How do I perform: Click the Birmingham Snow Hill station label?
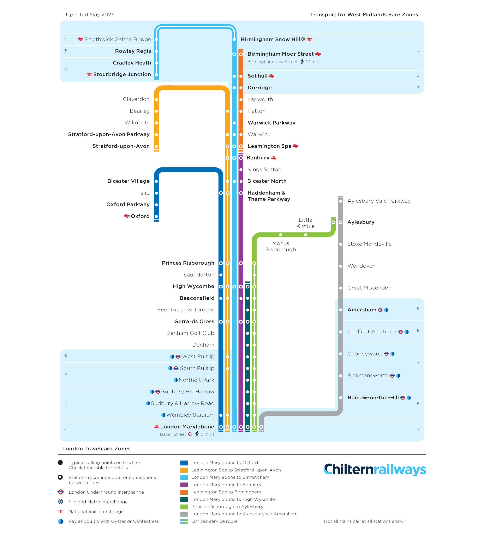pyautogui.click(x=270, y=39)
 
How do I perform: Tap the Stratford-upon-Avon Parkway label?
pyautogui.click(x=109, y=134)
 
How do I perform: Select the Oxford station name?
pyautogui.click(x=140, y=216)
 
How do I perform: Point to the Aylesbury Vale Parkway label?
pyautogui.click(x=379, y=201)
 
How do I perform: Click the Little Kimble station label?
pyautogui.click(x=305, y=223)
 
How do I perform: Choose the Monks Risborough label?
pyautogui.click(x=281, y=246)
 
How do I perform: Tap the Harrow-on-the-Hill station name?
pyautogui.click(x=373, y=397)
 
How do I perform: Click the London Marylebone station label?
pyautogui.click(x=187, y=426)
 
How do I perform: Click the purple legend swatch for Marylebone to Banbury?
pyautogui.click(x=184, y=485)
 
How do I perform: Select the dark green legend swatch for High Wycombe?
pyautogui.click(x=184, y=499)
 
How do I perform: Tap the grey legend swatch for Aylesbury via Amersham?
pyautogui.click(x=184, y=514)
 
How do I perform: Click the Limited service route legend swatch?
pyautogui.click(x=184, y=521)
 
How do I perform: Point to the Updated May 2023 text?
pyautogui.click(x=90, y=15)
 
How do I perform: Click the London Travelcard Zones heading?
pyautogui.click(x=96, y=448)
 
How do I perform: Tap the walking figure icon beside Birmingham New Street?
pyautogui.click(x=302, y=62)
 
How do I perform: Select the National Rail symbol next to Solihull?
pyautogui.click(x=271, y=76)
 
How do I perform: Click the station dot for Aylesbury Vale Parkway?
pyautogui.click(x=340, y=201)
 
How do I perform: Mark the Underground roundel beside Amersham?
pyautogui.click(x=380, y=310)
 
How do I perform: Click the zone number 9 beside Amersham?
pyautogui.click(x=418, y=309)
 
